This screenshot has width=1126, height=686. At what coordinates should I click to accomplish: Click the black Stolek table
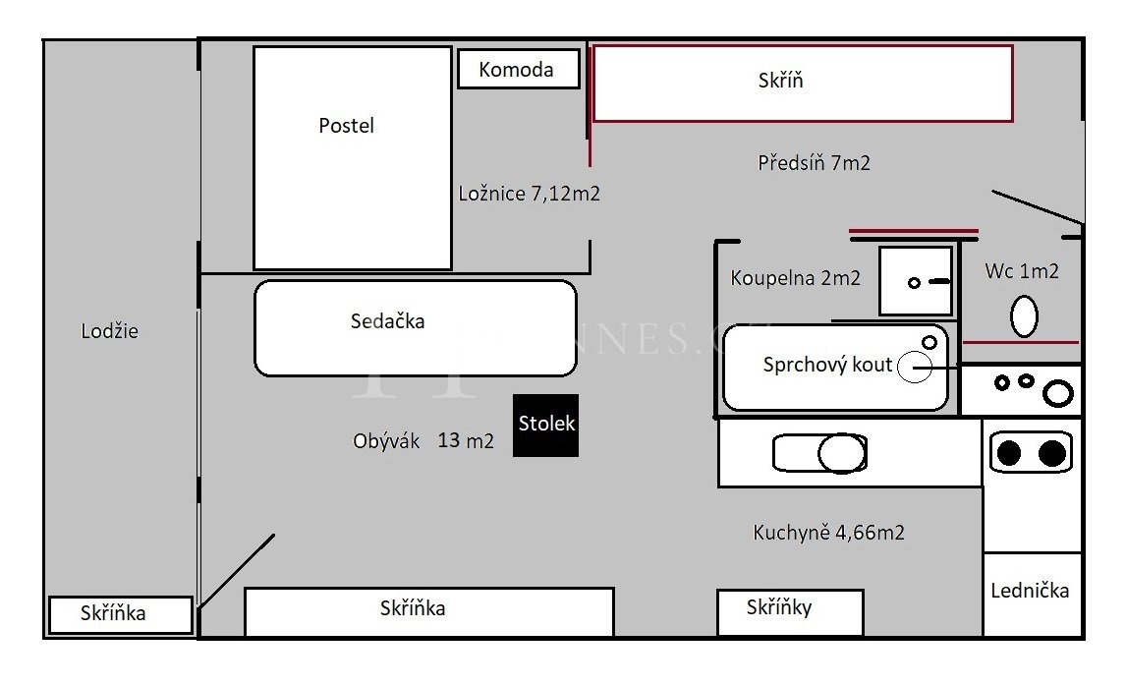(x=545, y=426)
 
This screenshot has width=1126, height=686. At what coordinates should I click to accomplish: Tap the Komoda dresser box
(x=519, y=69)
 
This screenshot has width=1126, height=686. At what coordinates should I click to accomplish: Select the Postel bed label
(x=346, y=126)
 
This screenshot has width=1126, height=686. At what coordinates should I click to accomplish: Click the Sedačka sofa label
(x=387, y=321)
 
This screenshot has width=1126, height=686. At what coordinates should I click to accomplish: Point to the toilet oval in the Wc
(x=1024, y=316)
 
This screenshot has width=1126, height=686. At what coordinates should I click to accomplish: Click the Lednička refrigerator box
(x=1032, y=594)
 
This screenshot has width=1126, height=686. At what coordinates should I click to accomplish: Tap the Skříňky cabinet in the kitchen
(x=790, y=612)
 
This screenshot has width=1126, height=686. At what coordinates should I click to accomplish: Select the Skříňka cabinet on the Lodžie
(x=121, y=615)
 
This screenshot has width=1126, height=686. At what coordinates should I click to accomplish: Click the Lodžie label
(x=109, y=331)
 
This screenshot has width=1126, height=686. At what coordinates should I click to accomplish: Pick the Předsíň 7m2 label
(x=814, y=163)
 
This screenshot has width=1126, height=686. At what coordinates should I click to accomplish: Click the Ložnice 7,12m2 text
(x=529, y=194)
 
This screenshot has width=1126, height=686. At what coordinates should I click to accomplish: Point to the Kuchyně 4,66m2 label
(x=828, y=533)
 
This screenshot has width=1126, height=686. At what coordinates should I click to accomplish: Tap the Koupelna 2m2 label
(x=795, y=278)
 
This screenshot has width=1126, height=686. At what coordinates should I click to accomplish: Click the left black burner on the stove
(x=1009, y=453)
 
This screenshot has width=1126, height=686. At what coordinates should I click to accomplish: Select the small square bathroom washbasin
(x=916, y=281)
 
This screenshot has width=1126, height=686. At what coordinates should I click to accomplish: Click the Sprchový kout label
(x=827, y=365)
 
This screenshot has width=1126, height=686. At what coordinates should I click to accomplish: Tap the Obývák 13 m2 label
(x=422, y=440)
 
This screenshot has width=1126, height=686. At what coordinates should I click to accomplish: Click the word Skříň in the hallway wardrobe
(x=780, y=80)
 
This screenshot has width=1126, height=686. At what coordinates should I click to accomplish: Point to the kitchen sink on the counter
(x=819, y=453)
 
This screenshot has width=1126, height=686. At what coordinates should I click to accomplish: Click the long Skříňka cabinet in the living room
(x=429, y=612)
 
